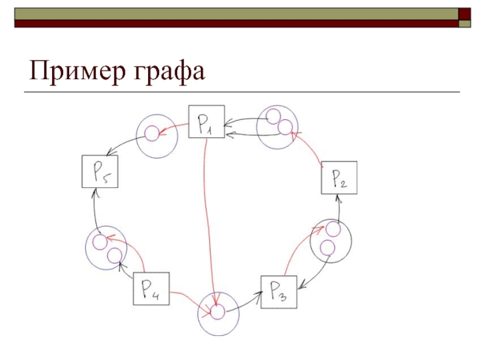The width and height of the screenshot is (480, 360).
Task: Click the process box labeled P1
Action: point(206,122)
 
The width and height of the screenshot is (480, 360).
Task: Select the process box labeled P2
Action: point(339,178)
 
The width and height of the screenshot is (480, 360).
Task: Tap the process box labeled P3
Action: point(280,292)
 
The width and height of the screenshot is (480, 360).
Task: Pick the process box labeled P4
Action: point(151,289)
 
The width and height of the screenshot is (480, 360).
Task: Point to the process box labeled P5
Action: point(99,171)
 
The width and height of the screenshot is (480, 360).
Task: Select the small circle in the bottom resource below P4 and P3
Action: point(217,311)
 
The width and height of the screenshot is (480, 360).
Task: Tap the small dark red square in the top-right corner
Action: point(464,13)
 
